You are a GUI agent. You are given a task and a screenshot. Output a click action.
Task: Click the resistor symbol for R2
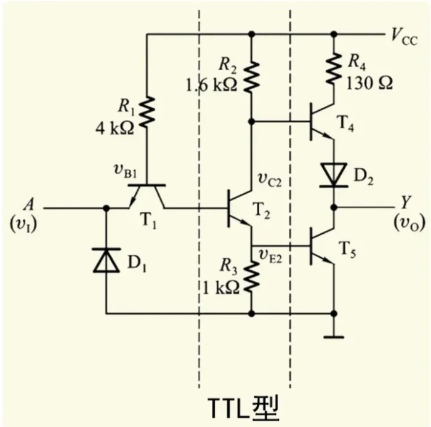[x=251, y=74]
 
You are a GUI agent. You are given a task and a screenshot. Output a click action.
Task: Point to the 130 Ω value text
[x=370, y=82]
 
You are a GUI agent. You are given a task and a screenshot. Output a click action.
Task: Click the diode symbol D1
[x=106, y=260]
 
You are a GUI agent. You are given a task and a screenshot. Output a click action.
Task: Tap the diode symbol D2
[x=334, y=175]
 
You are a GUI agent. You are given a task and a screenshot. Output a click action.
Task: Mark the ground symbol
[x=334, y=335]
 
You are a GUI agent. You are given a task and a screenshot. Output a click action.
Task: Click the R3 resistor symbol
[x=251, y=279]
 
